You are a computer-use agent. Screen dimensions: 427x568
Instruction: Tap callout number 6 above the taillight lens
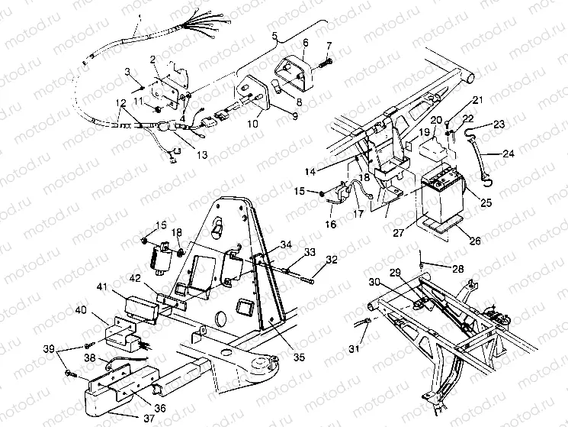(305, 43)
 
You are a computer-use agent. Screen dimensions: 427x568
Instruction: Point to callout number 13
(181, 154)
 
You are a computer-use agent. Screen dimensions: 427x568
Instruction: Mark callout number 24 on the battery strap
(507, 154)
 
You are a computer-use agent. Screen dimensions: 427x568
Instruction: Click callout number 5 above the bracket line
(275, 35)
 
